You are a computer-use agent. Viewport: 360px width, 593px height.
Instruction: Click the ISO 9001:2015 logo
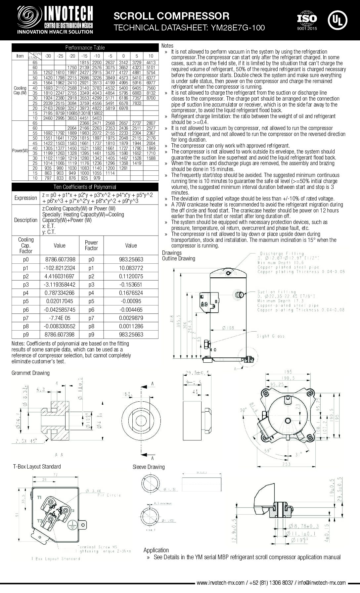coord(307,21)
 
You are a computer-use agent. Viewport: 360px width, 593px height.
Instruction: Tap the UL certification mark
coord(337,20)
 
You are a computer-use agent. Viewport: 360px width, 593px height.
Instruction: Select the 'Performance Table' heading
coord(85,48)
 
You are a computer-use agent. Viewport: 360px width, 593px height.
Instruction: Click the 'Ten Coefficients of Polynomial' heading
coord(85,187)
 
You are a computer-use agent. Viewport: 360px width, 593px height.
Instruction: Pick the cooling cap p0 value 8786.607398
coord(60,259)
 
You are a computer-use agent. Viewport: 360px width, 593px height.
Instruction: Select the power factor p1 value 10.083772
coord(131,268)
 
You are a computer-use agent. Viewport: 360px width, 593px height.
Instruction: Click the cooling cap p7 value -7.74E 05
coord(60,318)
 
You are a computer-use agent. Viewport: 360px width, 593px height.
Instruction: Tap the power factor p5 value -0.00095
coord(131,301)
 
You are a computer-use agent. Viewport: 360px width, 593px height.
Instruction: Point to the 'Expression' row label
coord(26,198)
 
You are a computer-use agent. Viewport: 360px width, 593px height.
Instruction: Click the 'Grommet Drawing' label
coord(30,373)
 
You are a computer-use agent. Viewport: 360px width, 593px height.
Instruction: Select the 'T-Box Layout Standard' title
coord(37,467)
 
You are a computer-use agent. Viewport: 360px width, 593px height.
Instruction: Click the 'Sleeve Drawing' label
coord(149,467)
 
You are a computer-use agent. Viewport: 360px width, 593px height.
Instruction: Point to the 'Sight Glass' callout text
coord(271,336)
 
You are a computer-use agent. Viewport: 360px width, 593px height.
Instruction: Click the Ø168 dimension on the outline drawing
coord(227,328)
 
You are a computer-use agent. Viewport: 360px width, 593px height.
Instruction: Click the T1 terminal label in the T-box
coord(39,497)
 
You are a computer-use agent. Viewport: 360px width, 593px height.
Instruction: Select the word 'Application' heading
coord(156,550)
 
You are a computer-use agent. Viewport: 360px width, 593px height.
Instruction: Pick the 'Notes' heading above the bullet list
coord(168,46)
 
